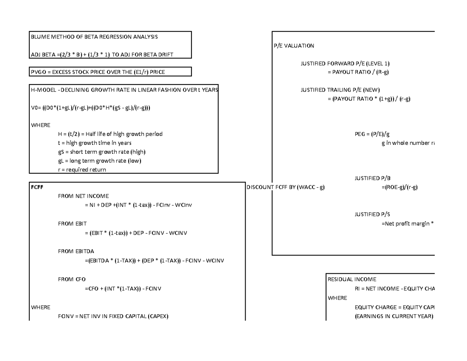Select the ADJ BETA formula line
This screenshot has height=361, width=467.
102,55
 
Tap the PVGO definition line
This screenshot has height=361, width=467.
98,72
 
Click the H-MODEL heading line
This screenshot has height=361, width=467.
124,90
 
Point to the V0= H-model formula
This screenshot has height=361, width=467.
90,107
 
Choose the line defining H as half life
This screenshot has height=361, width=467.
110,134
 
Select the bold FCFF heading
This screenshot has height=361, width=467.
37,187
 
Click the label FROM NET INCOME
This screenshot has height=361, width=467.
83,196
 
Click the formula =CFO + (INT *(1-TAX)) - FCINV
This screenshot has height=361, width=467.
123,289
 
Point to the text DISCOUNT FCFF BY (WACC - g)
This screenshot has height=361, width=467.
285,187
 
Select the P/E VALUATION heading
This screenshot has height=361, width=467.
293,46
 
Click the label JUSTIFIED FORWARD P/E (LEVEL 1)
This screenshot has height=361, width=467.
345,63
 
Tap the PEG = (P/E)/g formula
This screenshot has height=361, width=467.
372,134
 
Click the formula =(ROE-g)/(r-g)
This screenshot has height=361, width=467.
400,187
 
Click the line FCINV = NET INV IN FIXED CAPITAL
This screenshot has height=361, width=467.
113,316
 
